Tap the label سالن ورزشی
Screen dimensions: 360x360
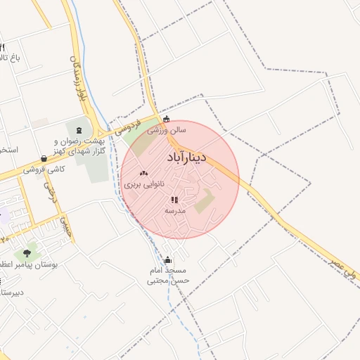coord(167,130)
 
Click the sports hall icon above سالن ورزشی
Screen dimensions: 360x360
coord(166,120)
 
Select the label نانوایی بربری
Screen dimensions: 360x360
coord(144,184)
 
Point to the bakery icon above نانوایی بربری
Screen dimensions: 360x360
coord(144,173)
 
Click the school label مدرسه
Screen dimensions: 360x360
coord(175,210)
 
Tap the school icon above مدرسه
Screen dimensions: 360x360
coord(174,200)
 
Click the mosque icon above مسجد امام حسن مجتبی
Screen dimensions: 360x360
coord(167,260)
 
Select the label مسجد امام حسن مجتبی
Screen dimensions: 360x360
coord(169,276)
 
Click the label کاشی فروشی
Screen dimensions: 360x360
coord(44,169)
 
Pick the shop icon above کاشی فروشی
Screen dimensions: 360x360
coord(44,159)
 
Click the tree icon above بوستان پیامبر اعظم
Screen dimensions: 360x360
coord(27,252)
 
